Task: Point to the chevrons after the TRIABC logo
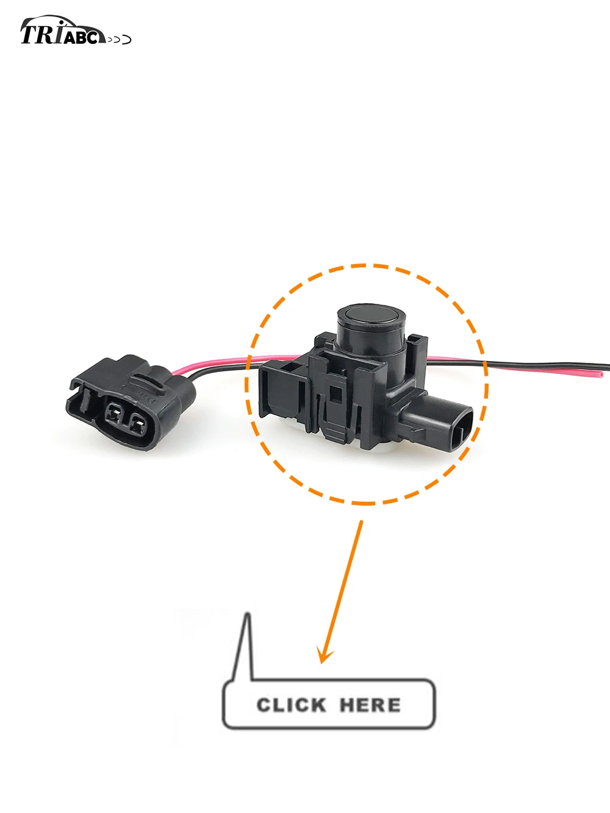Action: click(x=120, y=40)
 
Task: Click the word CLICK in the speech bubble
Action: click(x=291, y=705)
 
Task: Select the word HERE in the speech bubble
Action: click(x=370, y=705)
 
